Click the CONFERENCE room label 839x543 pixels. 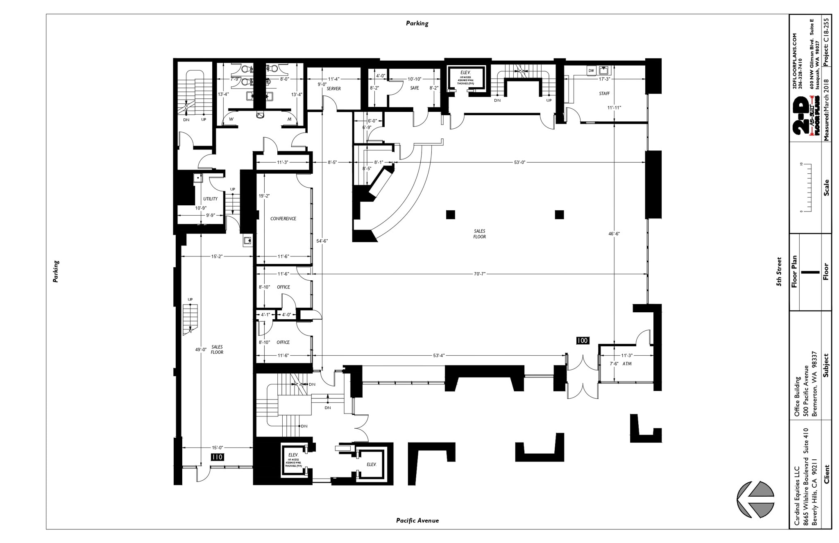(x=283, y=218)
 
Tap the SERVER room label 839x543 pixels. (x=334, y=89)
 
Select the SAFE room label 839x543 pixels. (x=415, y=88)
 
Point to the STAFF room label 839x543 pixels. (x=604, y=93)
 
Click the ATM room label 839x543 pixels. (x=627, y=364)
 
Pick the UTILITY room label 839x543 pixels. (x=210, y=199)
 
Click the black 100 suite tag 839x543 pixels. (x=582, y=341)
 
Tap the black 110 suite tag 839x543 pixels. (x=217, y=457)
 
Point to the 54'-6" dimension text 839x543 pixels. (x=322, y=241)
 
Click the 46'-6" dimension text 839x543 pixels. (x=614, y=234)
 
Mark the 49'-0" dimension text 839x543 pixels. (x=201, y=350)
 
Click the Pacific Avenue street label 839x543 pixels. (x=417, y=520)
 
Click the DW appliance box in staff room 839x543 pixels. (x=591, y=70)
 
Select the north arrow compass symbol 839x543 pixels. (x=756, y=505)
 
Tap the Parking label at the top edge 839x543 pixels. (x=417, y=23)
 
